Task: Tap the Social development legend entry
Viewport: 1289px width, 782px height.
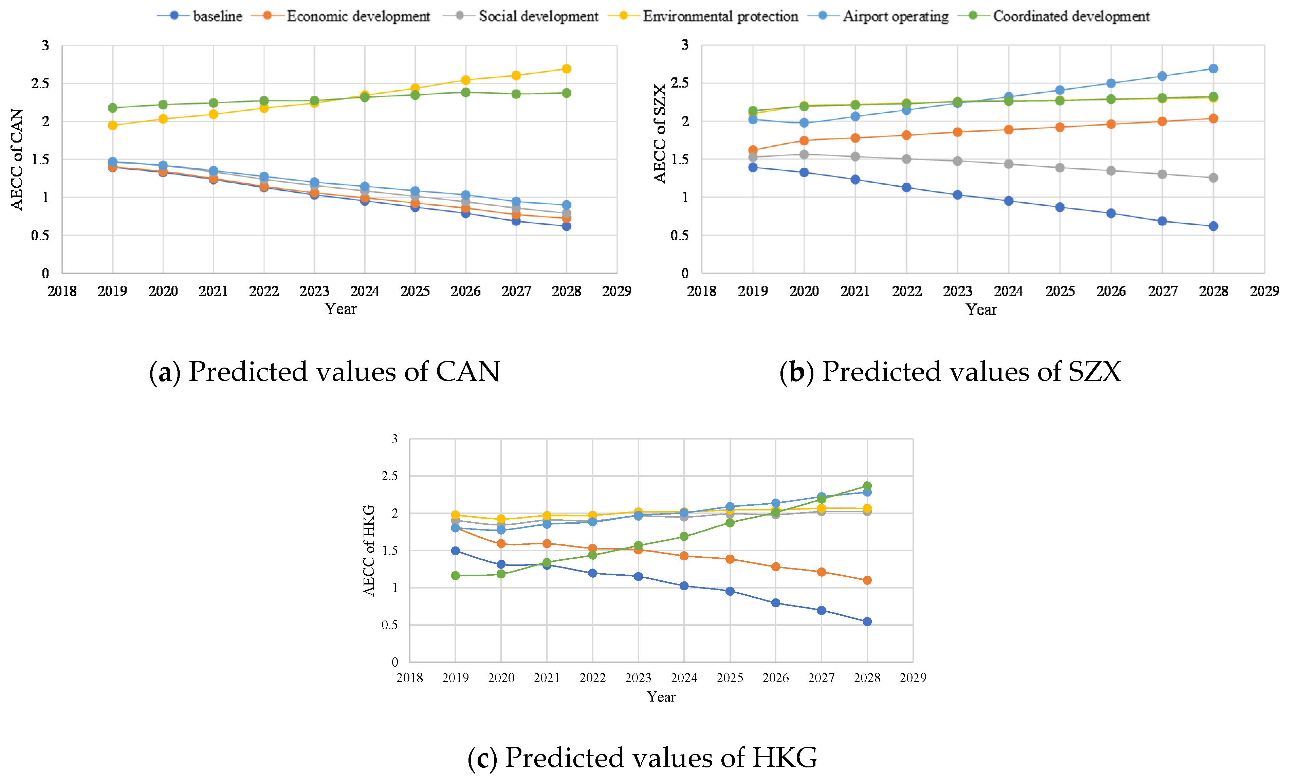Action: tap(520, 16)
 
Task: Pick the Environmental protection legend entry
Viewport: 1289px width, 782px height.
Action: tap(703, 16)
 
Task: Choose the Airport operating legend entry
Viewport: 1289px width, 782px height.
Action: tap(878, 16)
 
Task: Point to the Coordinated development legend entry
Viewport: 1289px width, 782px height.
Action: tap(1054, 16)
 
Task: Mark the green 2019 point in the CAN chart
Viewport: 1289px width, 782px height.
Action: tap(112, 108)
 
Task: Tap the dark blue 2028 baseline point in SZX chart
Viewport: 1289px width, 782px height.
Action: tap(1213, 226)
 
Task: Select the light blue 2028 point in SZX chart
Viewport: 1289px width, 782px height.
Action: tap(1213, 69)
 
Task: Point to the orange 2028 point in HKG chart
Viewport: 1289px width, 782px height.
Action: tap(867, 580)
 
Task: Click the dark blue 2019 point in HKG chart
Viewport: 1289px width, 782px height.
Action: tap(455, 551)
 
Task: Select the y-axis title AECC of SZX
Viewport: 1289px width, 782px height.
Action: tap(660, 133)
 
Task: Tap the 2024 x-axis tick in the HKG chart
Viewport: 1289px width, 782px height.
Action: tap(684, 678)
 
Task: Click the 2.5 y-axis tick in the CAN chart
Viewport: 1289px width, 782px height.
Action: tap(40, 83)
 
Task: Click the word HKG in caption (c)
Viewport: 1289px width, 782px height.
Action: tap(785, 758)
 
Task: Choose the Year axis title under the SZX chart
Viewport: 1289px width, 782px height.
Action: tap(981, 310)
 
